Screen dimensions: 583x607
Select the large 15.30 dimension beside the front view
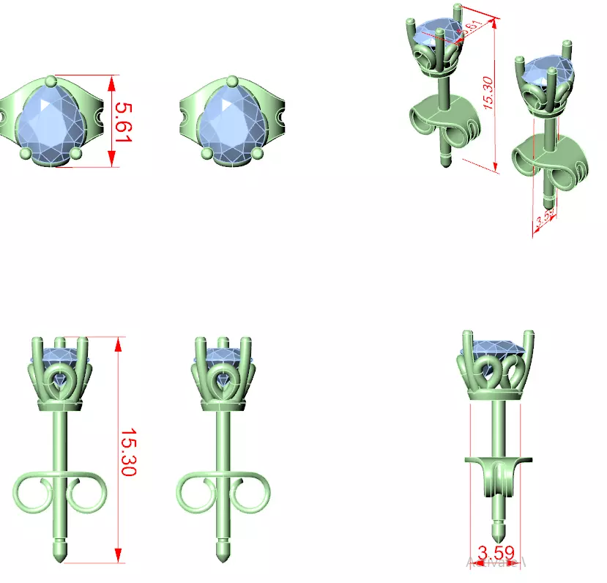click(x=127, y=452)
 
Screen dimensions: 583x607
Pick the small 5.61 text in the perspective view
click(x=472, y=29)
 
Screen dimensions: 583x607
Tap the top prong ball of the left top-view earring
click(x=50, y=81)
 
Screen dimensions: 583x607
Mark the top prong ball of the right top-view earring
click(x=232, y=81)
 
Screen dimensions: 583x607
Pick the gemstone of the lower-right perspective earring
click(x=543, y=73)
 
